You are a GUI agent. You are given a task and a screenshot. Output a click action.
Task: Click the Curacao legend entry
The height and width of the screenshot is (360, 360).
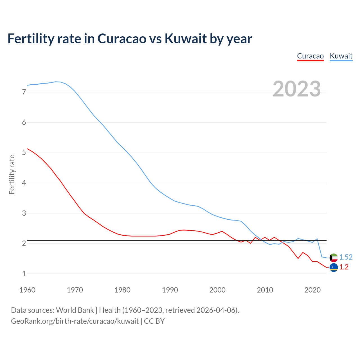point(310,56)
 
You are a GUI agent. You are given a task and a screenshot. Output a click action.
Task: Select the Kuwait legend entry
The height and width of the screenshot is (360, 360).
point(341,56)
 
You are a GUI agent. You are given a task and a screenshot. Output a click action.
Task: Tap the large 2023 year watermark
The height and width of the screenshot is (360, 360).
point(297,89)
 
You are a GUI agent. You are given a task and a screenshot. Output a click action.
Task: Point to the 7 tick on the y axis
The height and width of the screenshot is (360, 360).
point(24,92)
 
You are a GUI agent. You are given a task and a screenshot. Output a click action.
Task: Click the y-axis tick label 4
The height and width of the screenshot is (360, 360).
point(24,183)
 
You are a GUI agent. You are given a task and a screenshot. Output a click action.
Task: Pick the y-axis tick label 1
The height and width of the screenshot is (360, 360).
point(24,274)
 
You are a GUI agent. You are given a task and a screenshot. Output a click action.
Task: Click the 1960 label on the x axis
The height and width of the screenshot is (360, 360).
point(27,290)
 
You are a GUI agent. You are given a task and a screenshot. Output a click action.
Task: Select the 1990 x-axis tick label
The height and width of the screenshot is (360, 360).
point(170,290)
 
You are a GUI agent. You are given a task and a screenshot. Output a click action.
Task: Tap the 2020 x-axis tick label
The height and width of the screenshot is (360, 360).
point(312,290)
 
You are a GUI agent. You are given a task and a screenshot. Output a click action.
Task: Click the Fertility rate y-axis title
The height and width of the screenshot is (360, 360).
point(12,174)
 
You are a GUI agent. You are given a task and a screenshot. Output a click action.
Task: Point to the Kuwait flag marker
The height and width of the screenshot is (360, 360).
point(334,257)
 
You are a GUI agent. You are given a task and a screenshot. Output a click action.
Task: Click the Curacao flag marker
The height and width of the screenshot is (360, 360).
point(334,267)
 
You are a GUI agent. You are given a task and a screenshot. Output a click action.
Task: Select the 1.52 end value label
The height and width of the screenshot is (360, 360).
point(346,257)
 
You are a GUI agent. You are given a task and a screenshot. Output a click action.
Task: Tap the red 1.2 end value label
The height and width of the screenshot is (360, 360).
point(344,267)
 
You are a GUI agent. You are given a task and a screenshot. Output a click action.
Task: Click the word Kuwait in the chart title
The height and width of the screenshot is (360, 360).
point(186,39)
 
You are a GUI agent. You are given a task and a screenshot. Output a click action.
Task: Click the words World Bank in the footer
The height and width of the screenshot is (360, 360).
point(75,310)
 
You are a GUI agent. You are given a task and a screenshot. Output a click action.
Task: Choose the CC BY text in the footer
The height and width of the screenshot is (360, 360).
point(154,321)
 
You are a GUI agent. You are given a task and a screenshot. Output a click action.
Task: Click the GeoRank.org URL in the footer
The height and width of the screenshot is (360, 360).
point(75,321)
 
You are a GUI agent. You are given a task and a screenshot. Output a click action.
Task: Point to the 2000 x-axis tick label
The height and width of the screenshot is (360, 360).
point(217,290)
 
